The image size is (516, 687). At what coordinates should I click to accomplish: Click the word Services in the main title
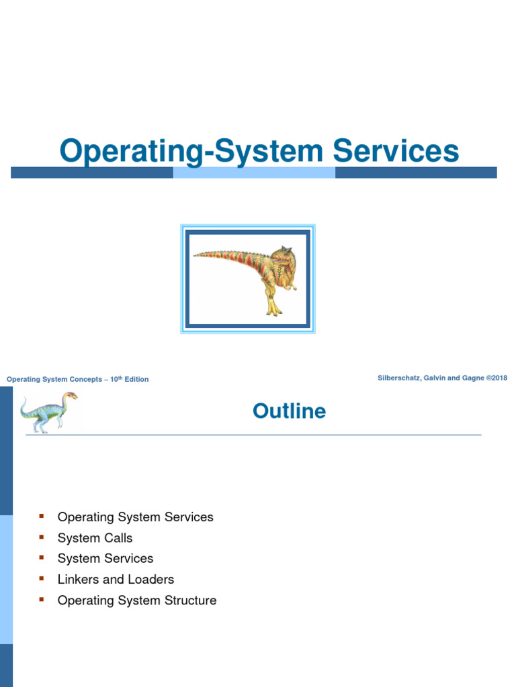(396, 151)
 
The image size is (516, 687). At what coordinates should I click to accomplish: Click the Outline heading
(290, 411)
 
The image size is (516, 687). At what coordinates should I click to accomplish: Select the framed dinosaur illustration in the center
(248, 278)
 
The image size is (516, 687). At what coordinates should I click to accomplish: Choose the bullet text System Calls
(95, 538)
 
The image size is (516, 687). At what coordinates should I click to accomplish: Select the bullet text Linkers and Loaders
(116, 580)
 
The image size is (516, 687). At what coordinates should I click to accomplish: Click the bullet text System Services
(105, 559)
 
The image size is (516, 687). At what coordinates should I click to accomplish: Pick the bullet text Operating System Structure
(137, 600)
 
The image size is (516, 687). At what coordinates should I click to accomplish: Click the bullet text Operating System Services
(135, 517)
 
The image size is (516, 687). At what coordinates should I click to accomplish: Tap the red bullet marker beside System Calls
(42, 537)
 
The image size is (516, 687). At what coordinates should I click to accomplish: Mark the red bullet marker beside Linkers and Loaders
(42, 578)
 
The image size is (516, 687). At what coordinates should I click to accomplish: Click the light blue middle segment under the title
(254, 173)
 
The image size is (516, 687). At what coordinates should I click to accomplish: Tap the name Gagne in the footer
(472, 378)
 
